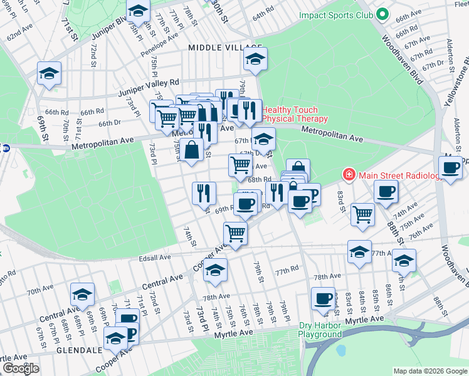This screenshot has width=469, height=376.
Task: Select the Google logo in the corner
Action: point(21,368)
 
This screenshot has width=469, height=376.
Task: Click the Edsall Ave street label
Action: point(156,258)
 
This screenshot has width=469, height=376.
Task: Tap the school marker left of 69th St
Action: point(48,73)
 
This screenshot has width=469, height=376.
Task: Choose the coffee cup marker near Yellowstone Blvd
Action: point(450,167)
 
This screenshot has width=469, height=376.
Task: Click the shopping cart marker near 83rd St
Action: point(362,213)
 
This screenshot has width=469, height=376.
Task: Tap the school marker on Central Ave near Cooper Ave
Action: point(215,269)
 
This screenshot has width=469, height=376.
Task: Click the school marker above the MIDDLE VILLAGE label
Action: point(255,60)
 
